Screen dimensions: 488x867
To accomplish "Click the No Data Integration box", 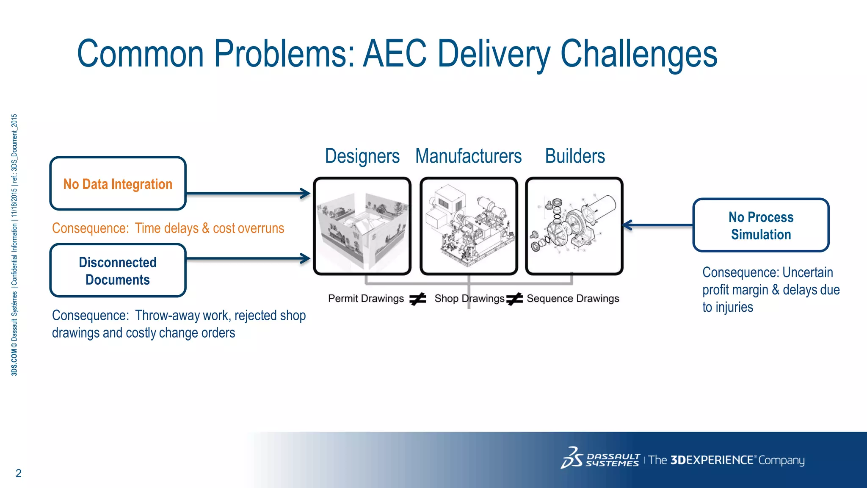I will tap(118, 183).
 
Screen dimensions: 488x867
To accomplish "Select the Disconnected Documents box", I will tap(118, 271).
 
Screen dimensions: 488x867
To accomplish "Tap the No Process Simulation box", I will tap(761, 225).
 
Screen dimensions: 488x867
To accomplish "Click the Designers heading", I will tap(362, 156).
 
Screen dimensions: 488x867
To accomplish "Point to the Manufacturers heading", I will tap(468, 156).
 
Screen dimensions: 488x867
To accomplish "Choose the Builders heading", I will tap(575, 156).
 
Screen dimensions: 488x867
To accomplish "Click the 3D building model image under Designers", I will tap(362, 226).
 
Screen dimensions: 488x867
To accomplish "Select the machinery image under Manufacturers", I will tap(469, 226).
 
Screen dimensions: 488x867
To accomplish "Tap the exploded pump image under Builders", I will tap(574, 226).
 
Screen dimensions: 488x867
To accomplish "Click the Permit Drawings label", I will tap(366, 299).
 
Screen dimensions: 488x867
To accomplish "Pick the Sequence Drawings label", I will tap(573, 299).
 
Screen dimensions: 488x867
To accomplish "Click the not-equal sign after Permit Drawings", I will tap(418, 299).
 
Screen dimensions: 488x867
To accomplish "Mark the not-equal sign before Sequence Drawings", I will tap(515, 299).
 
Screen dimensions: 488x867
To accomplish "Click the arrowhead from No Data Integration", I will tap(306, 194).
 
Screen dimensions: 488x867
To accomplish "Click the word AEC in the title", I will tap(395, 54).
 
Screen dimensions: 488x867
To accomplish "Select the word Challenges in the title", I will tap(639, 54).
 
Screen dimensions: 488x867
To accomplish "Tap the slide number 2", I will tap(18, 473).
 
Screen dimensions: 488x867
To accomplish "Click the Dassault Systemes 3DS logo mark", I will tap(572, 458).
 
